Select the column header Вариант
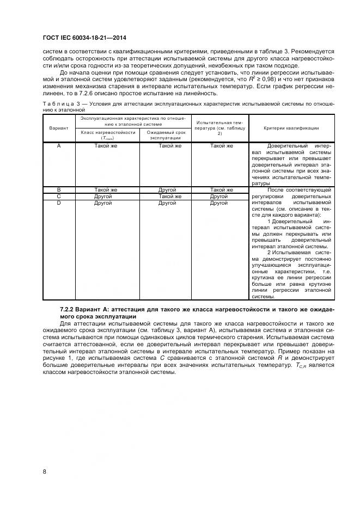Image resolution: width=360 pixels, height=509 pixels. [58, 128]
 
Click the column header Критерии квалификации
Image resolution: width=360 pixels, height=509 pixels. [291, 128]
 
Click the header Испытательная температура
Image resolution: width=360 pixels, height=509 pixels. [221, 128]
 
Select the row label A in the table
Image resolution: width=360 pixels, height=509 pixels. [58, 146]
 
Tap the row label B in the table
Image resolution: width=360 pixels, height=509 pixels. [58, 190]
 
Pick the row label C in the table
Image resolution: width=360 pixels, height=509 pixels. [58, 196]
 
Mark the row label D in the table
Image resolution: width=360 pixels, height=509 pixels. [58, 203]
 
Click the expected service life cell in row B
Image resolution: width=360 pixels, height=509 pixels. [167, 190]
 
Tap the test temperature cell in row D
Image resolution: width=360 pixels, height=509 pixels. [219, 203]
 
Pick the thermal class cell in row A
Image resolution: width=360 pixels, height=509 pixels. [106, 146]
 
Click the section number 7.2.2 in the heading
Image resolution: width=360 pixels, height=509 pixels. [68, 309]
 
